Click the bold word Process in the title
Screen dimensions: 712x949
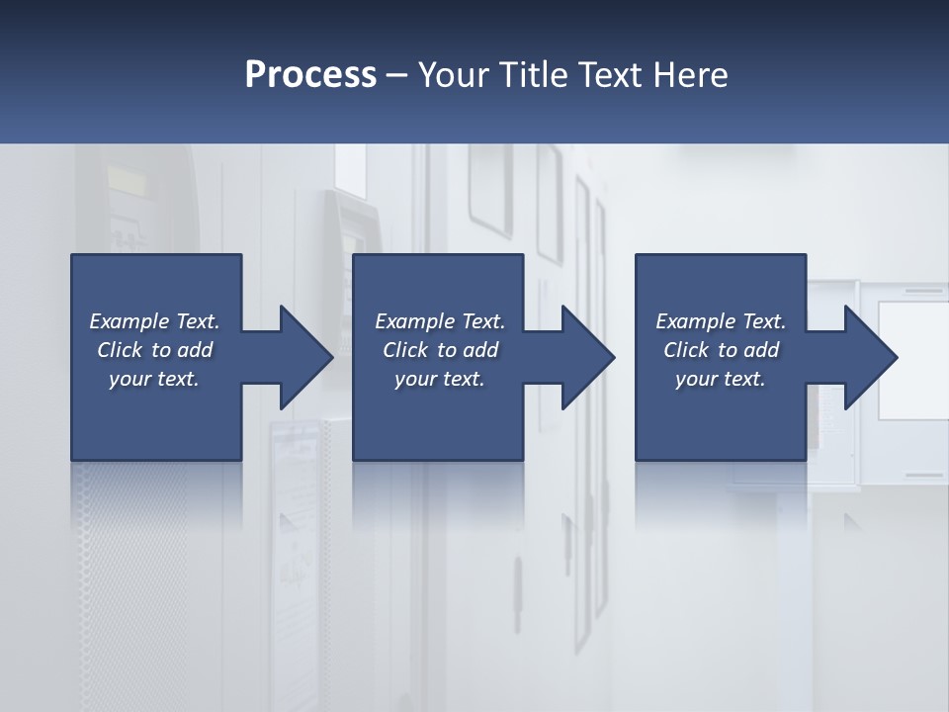click(x=310, y=75)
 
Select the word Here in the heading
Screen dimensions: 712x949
click(x=689, y=75)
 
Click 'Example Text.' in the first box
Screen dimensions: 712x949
click(x=154, y=321)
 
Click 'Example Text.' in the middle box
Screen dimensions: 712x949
click(x=440, y=321)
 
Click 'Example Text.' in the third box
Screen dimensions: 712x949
click(x=721, y=321)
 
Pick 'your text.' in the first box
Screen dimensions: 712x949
click(x=154, y=379)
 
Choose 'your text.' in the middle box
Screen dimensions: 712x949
click(x=440, y=379)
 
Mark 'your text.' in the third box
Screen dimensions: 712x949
click(x=721, y=379)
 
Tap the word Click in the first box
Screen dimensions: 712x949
click(x=120, y=350)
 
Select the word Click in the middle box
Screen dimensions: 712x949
click(x=405, y=350)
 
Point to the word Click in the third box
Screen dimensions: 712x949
click(x=686, y=350)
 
